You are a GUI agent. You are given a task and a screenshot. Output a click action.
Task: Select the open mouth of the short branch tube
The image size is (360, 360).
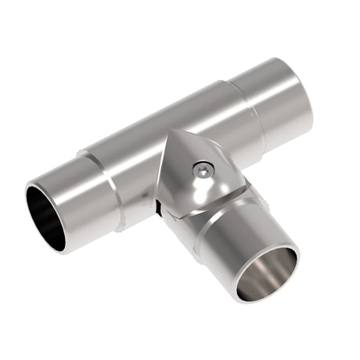pos(268,274)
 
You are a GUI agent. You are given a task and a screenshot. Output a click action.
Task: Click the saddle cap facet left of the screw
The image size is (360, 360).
pos(178,172)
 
